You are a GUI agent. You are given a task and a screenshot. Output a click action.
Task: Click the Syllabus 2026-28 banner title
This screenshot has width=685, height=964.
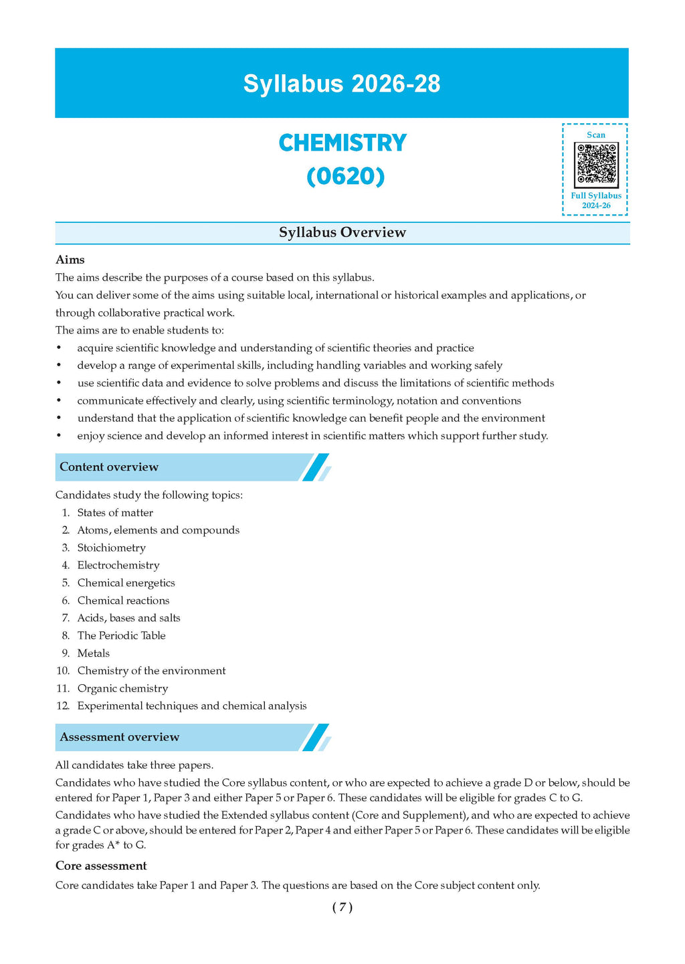[x=342, y=84]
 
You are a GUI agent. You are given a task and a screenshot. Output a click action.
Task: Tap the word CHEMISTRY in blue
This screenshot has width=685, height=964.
[x=342, y=143]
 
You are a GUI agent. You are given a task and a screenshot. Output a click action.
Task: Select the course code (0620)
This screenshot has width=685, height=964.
[x=345, y=176]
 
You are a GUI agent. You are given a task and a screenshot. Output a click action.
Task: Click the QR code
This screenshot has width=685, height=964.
[x=595, y=164]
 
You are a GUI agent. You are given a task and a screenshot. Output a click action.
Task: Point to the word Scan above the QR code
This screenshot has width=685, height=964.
[x=595, y=135]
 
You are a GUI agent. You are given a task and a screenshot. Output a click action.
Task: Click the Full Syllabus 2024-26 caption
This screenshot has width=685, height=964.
[x=595, y=200]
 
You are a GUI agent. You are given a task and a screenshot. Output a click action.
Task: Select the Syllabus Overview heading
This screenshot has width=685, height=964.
[x=342, y=232]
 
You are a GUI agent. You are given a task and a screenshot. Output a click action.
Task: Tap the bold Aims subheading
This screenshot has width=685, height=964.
[x=70, y=260]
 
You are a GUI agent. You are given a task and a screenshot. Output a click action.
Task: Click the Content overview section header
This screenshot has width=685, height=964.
[x=109, y=467]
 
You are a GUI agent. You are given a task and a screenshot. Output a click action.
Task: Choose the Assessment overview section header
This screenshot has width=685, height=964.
[x=120, y=737]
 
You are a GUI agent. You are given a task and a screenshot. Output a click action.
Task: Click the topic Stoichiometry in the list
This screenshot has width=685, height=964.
[x=111, y=548]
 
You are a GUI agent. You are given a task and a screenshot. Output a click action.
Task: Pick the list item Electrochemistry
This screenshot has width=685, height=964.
[x=118, y=565]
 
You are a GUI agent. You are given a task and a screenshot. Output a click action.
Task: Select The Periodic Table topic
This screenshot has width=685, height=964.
[x=121, y=635]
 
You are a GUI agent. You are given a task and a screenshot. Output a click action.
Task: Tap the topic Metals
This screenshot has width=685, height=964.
[x=93, y=653]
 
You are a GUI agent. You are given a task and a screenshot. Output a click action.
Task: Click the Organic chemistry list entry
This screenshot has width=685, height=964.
[x=122, y=688]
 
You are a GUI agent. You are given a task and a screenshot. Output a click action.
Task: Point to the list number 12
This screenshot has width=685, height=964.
[x=63, y=706]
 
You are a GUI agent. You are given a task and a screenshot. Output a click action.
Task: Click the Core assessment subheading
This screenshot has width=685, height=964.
[x=101, y=866]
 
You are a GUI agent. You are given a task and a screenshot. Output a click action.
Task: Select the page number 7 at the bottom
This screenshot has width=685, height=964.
[x=342, y=907]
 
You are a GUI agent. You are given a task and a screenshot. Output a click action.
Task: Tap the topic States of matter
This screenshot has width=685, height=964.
[x=115, y=513]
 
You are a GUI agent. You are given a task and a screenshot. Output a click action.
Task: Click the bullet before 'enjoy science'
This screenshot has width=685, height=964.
[x=59, y=436]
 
